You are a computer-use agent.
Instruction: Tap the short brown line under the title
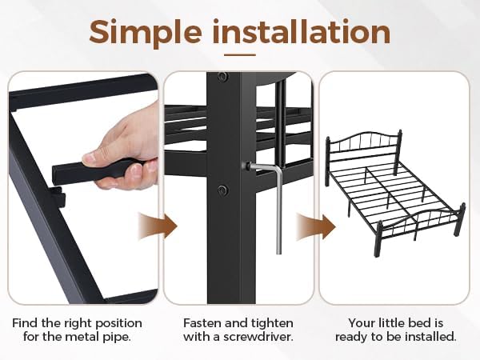[x=239, y=55]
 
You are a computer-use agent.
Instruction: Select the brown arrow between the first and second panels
[x=157, y=226]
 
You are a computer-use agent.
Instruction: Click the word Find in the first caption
[x=25, y=323]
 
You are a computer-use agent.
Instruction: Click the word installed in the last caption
[x=431, y=338]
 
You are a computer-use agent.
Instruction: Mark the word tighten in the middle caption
[x=272, y=323]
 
